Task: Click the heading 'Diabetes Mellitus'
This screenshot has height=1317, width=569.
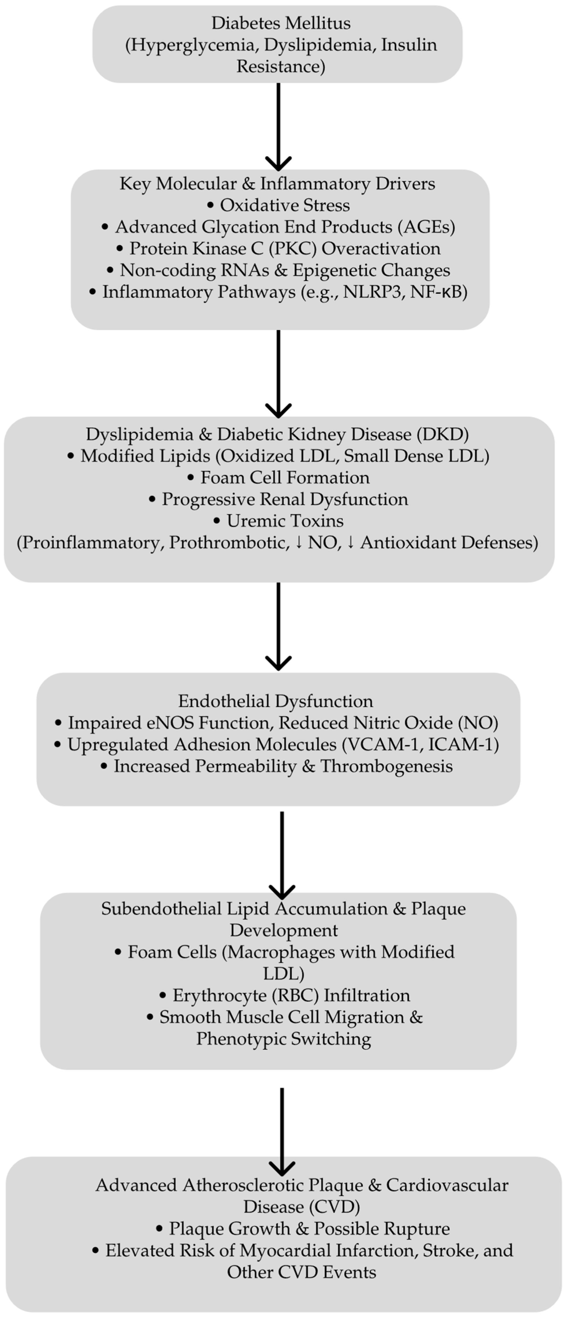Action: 281,23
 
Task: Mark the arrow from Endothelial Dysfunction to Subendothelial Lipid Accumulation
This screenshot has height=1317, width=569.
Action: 282,854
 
